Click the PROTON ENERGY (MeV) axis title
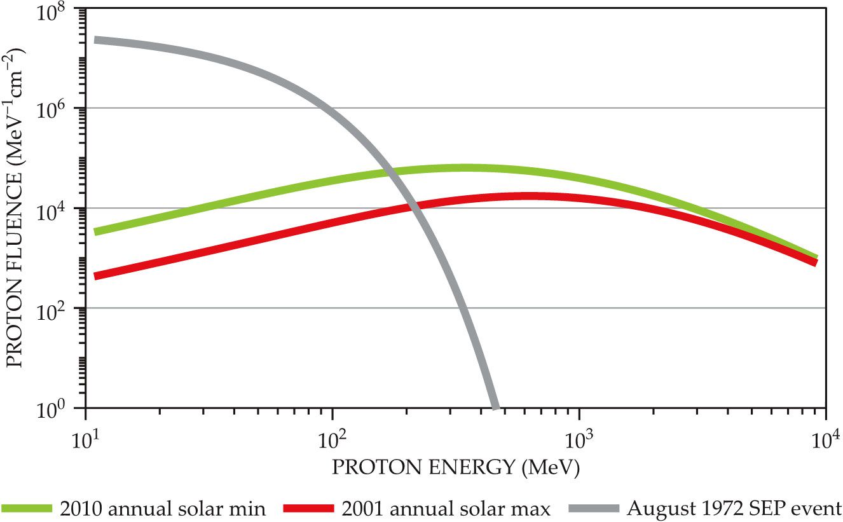point(456,468)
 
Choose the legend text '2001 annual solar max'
point(445,509)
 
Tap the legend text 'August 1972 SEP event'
point(734,509)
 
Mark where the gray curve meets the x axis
point(495,407)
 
